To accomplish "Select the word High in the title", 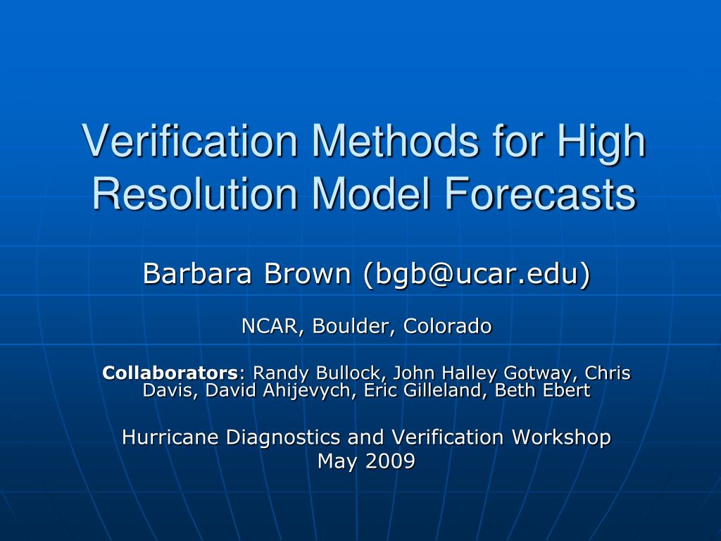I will (x=602, y=141).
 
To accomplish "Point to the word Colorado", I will (x=447, y=326).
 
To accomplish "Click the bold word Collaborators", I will (x=170, y=373).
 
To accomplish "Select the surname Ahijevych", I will (x=306, y=390).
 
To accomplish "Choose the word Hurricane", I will (x=170, y=437).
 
